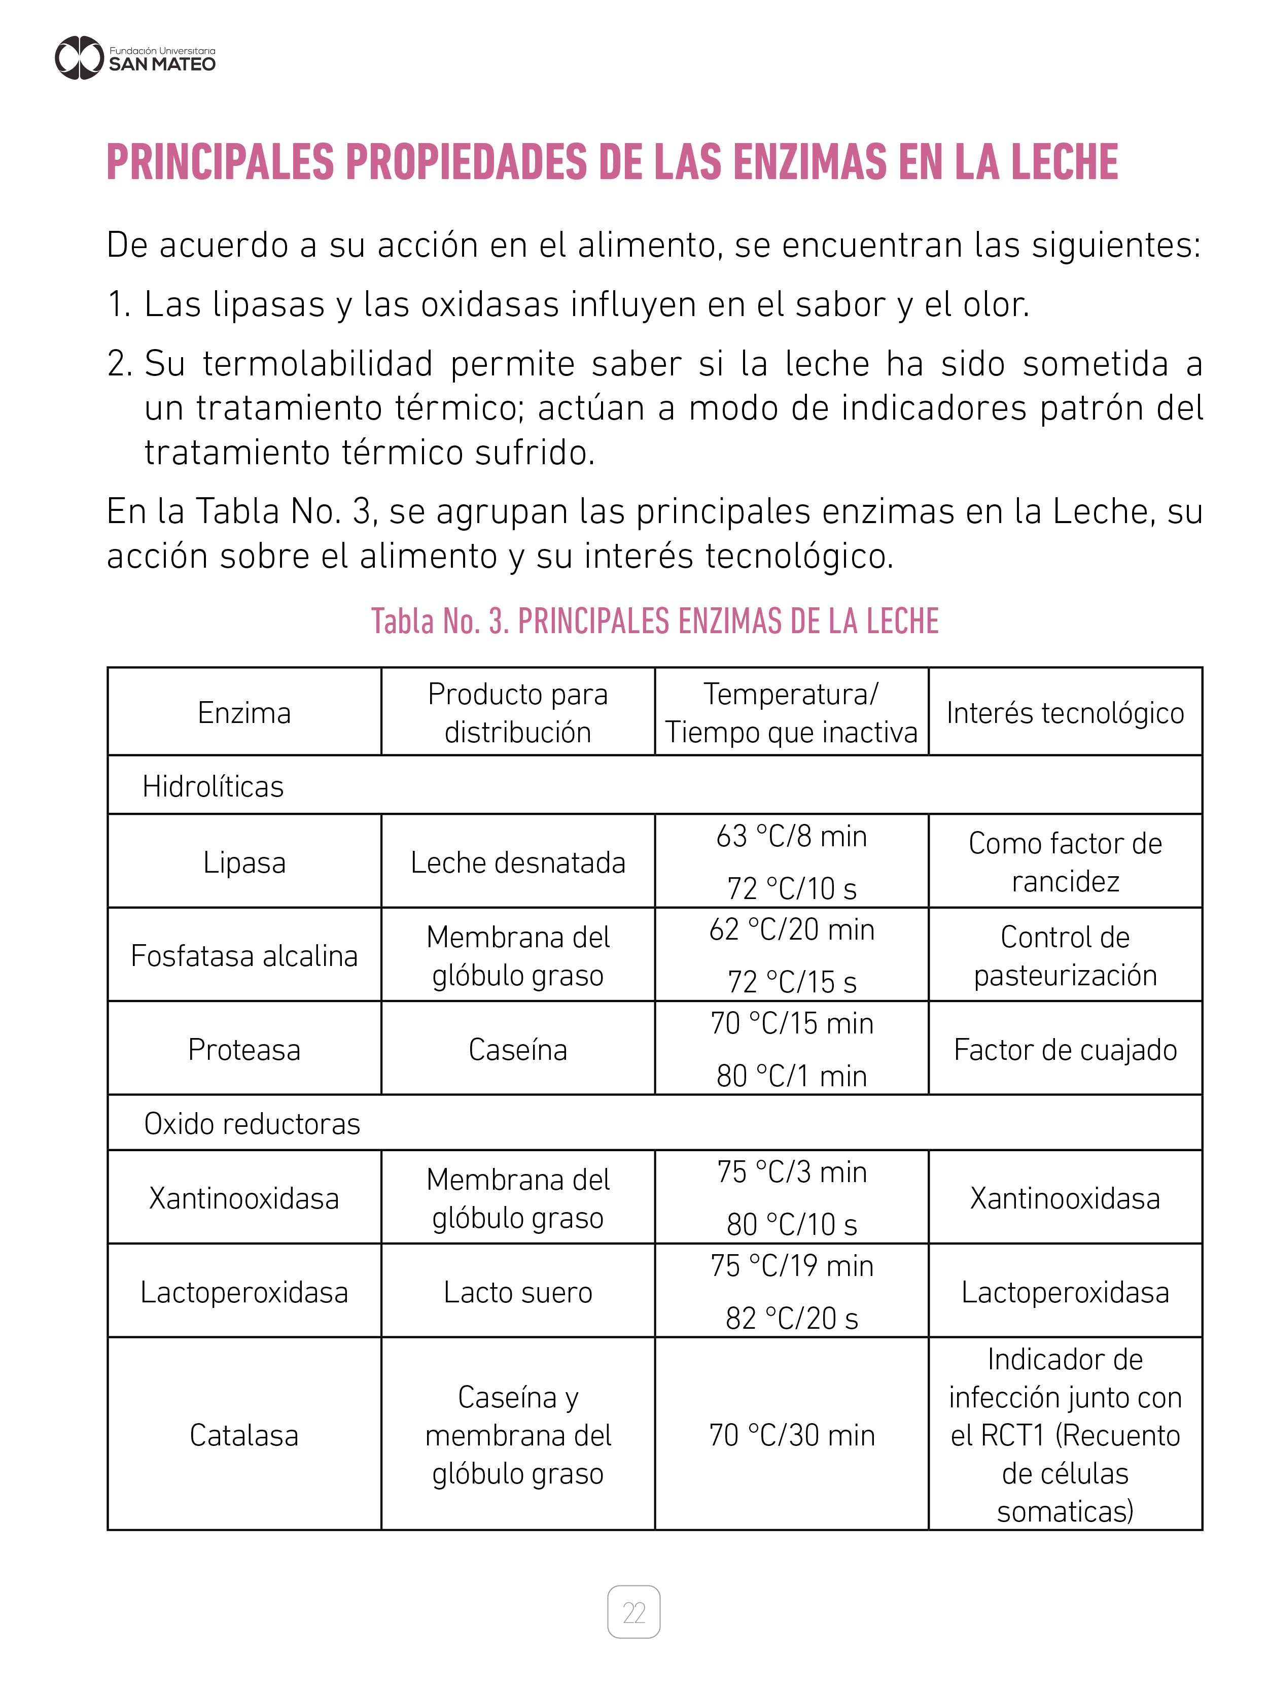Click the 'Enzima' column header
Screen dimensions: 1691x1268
coord(244,712)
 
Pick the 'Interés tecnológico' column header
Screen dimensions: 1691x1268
coord(1065,712)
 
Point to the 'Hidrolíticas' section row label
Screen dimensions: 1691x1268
coord(213,786)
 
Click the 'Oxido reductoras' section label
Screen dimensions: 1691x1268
coord(252,1123)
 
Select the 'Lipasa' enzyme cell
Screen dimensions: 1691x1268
coord(244,862)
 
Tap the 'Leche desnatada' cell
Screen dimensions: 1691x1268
coord(517,862)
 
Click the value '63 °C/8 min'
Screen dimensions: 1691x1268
coord(791,836)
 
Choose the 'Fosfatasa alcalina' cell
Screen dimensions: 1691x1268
coord(244,955)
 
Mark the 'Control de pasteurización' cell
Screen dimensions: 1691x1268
coord(1065,955)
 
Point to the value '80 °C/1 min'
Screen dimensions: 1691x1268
coord(791,1076)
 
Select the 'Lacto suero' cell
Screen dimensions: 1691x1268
coord(517,1292)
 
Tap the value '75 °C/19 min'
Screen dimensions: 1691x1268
coord(791,1266)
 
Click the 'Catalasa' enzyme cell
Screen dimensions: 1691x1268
coord(244,1435)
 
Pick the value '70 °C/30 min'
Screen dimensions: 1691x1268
coord(791,1435)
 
